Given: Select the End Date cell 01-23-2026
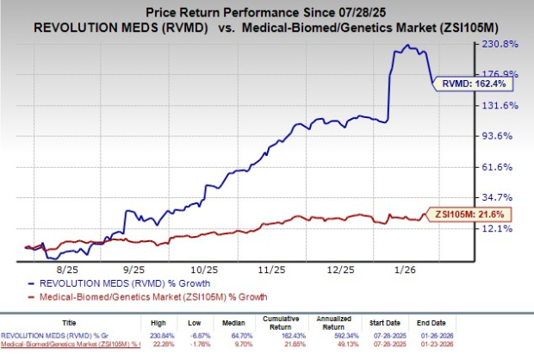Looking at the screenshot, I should point(506,345).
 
